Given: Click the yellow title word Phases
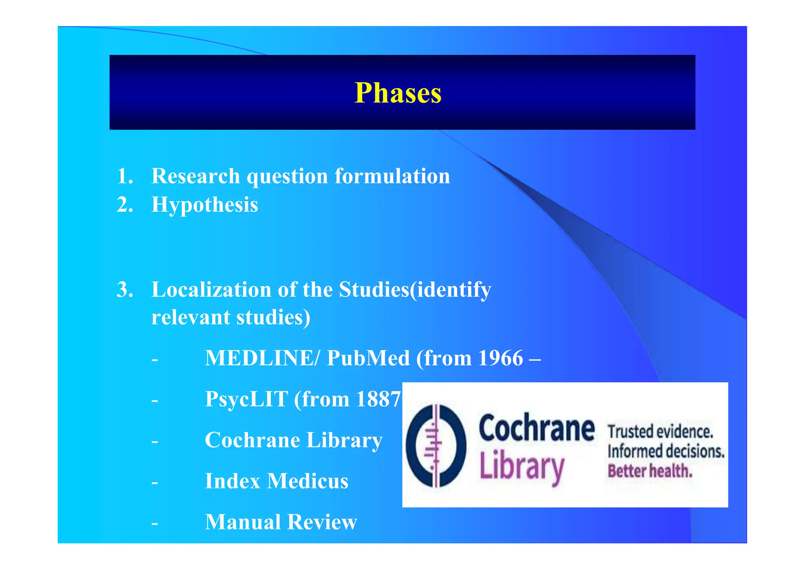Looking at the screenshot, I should click(398, 93).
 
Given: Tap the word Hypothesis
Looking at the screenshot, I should click(205, 205).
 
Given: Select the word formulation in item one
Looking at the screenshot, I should click(392, 176).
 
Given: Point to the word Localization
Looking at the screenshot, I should click(211, 290).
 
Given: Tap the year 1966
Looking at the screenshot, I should click(500, 358).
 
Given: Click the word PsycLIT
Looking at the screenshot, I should click(247, 399).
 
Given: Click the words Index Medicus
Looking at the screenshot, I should click(277, 481).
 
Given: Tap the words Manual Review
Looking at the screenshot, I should click(281, 522).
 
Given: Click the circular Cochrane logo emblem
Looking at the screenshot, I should click(436, 446).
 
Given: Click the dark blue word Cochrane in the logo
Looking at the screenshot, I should click(536, 428).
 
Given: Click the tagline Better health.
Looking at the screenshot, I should click(650, 471).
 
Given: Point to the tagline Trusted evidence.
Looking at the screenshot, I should click(660, 432).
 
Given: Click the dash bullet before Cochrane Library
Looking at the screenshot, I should click(155, 441).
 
